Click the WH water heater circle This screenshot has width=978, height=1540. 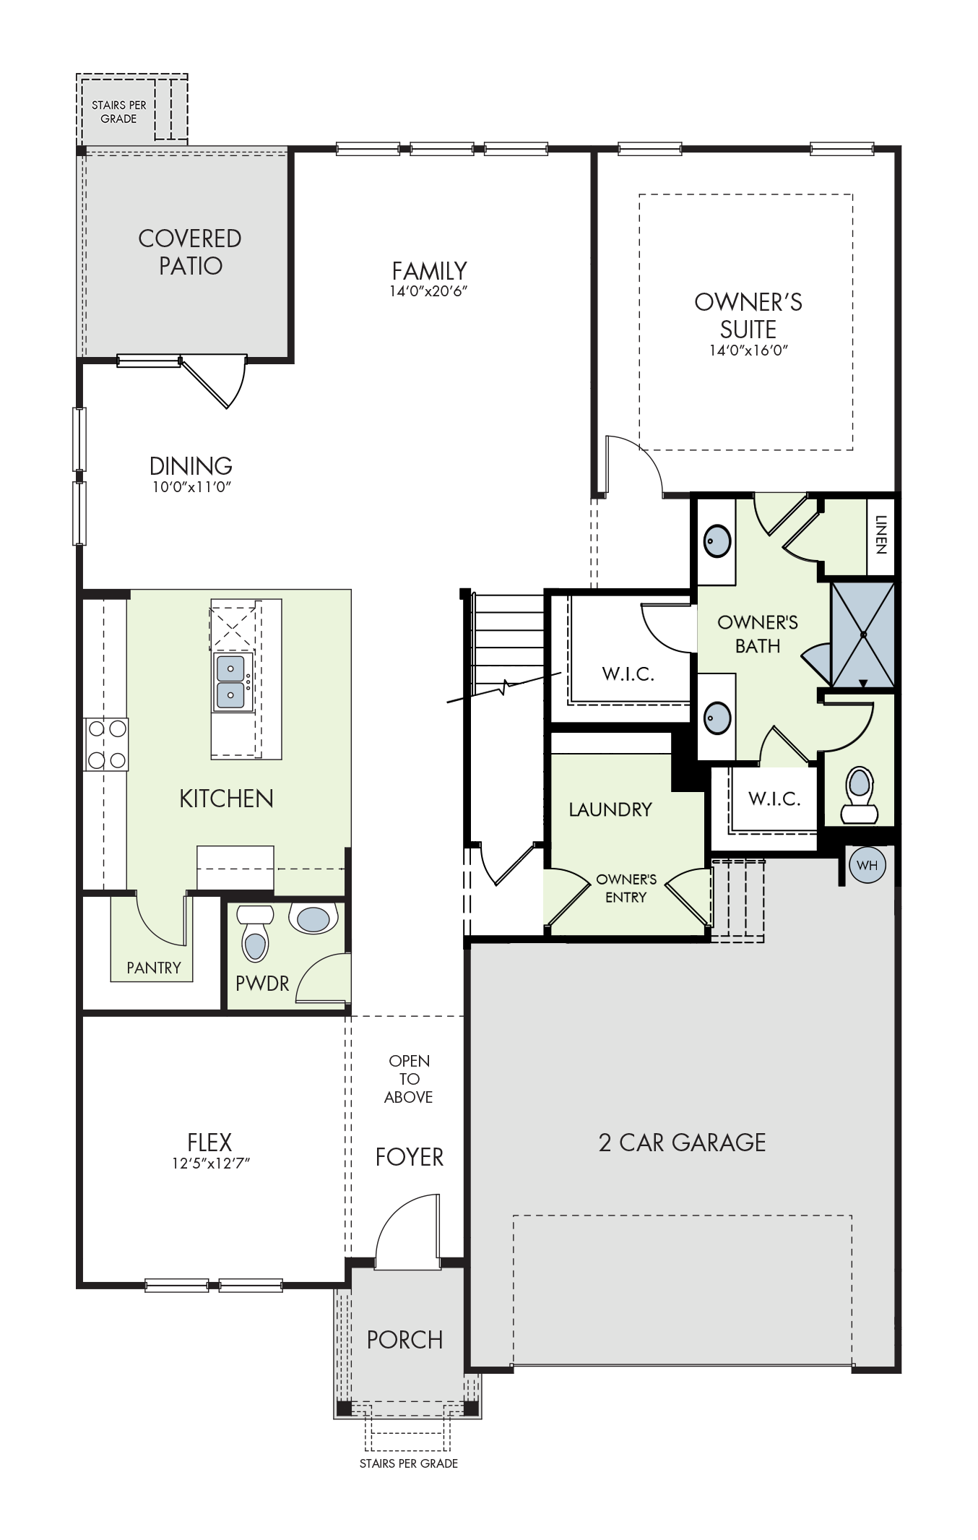pyautogui.click(x=867, y=866)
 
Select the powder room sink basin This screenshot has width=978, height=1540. pyautogui.click(x=313, y=919)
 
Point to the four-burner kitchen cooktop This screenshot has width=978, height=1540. pyautogui.click(x=106, y=744)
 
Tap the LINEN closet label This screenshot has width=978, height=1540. pyautogui.click(x=880, y=534)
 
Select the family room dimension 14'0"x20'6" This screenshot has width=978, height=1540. pyautogui.click(x=430, y=291)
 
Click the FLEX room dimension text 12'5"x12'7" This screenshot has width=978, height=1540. pyautogui.click(x=209, y=1163)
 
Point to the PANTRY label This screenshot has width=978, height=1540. pyautogui.click(x=154, y=968)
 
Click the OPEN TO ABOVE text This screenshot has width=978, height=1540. pyautogui.click(x=409, y=1079)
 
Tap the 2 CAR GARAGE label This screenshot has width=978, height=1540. pyautogui.click(x=682, y=1143)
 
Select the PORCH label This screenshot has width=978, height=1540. pyautogui.click(x=404, y=1340)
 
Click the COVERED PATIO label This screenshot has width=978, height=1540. pyautogui.click(x=190, y=251)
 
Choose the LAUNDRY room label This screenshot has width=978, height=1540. pyautogui.click(x=610, y=809)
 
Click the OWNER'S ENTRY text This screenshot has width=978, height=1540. pyautogui.click(x=626, y=888)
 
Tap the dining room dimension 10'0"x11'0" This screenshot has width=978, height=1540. pyautogui.click(x=191, y=487)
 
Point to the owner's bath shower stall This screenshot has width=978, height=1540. pyautogui.click(x=862, y=635)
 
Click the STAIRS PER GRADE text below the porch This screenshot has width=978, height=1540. pyautogui.click(x=409, y=1463)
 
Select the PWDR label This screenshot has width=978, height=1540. pyautogui.click(x=262, y=983)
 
